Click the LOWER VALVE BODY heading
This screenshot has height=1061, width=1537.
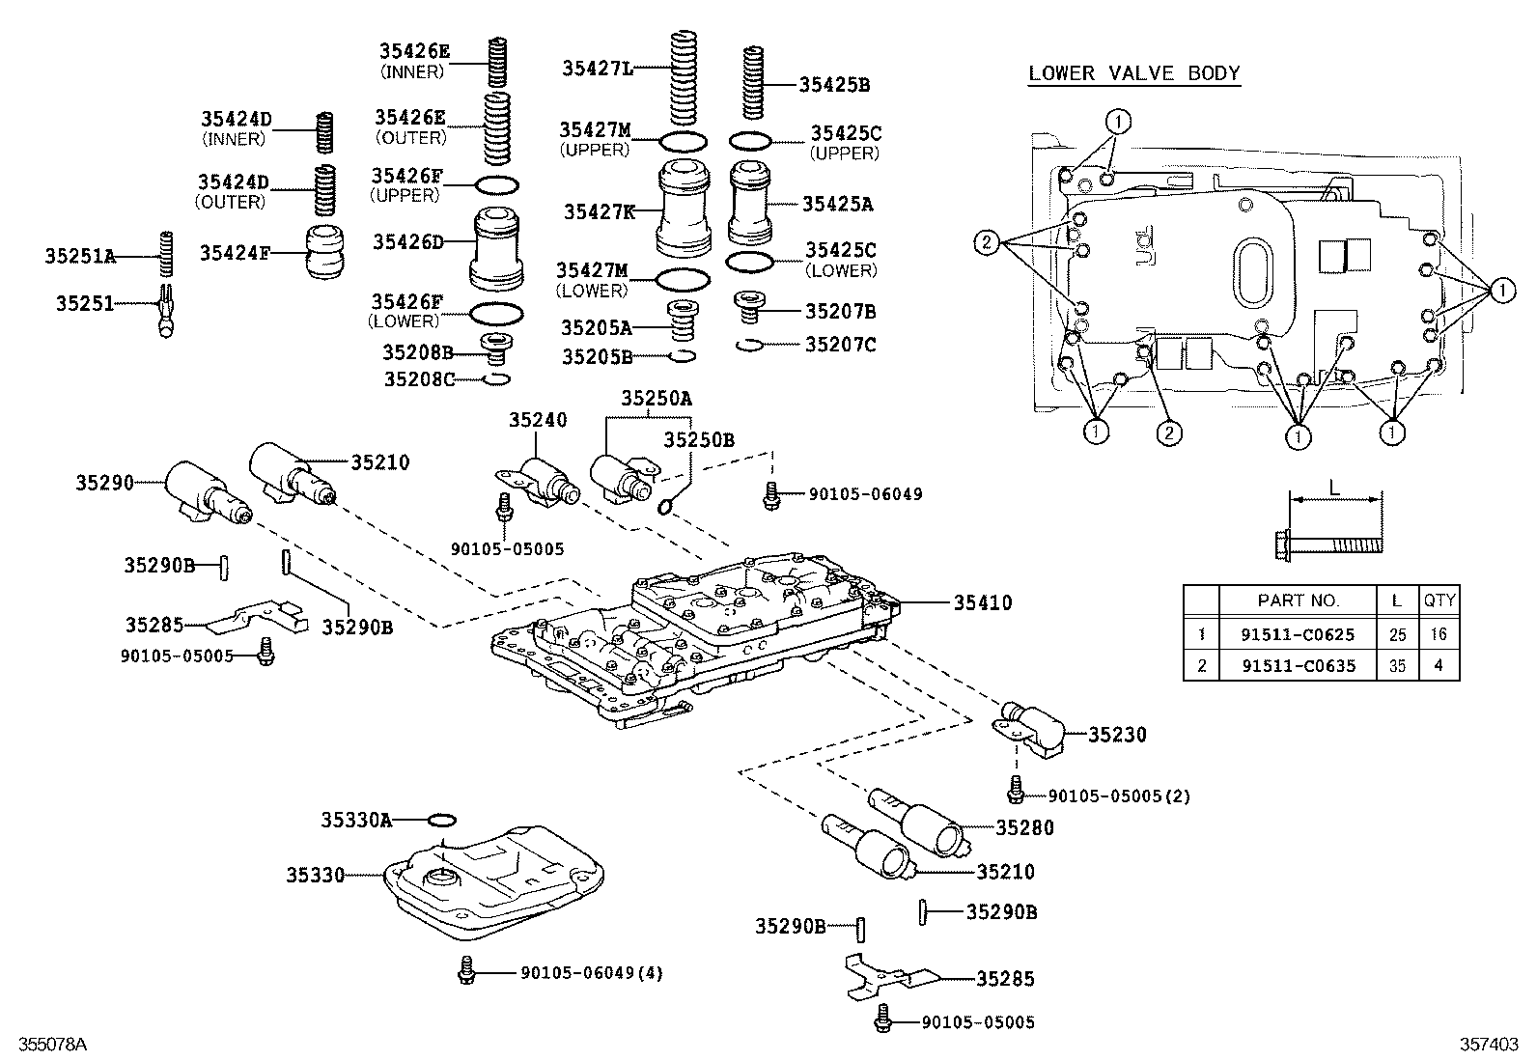coord(1133,73)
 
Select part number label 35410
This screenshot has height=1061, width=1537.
coord(983,603)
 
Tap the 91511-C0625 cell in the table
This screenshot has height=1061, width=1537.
coord(1298,634)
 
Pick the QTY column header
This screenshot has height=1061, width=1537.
coord(1439,600)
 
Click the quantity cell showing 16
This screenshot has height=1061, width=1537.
coord(1439,634)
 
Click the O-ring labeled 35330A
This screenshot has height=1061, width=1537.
coord(441,821)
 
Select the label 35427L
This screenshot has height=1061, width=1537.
coord(598,68)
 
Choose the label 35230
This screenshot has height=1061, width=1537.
coord(1118,735)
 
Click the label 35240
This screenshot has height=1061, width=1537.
coord(538,420)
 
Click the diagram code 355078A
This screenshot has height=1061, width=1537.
coord(47,1045)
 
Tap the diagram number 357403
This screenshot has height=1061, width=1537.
coord(1488,1045)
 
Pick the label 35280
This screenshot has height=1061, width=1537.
coord(1024,827)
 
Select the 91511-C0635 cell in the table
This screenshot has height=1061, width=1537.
coord(1298,665)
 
